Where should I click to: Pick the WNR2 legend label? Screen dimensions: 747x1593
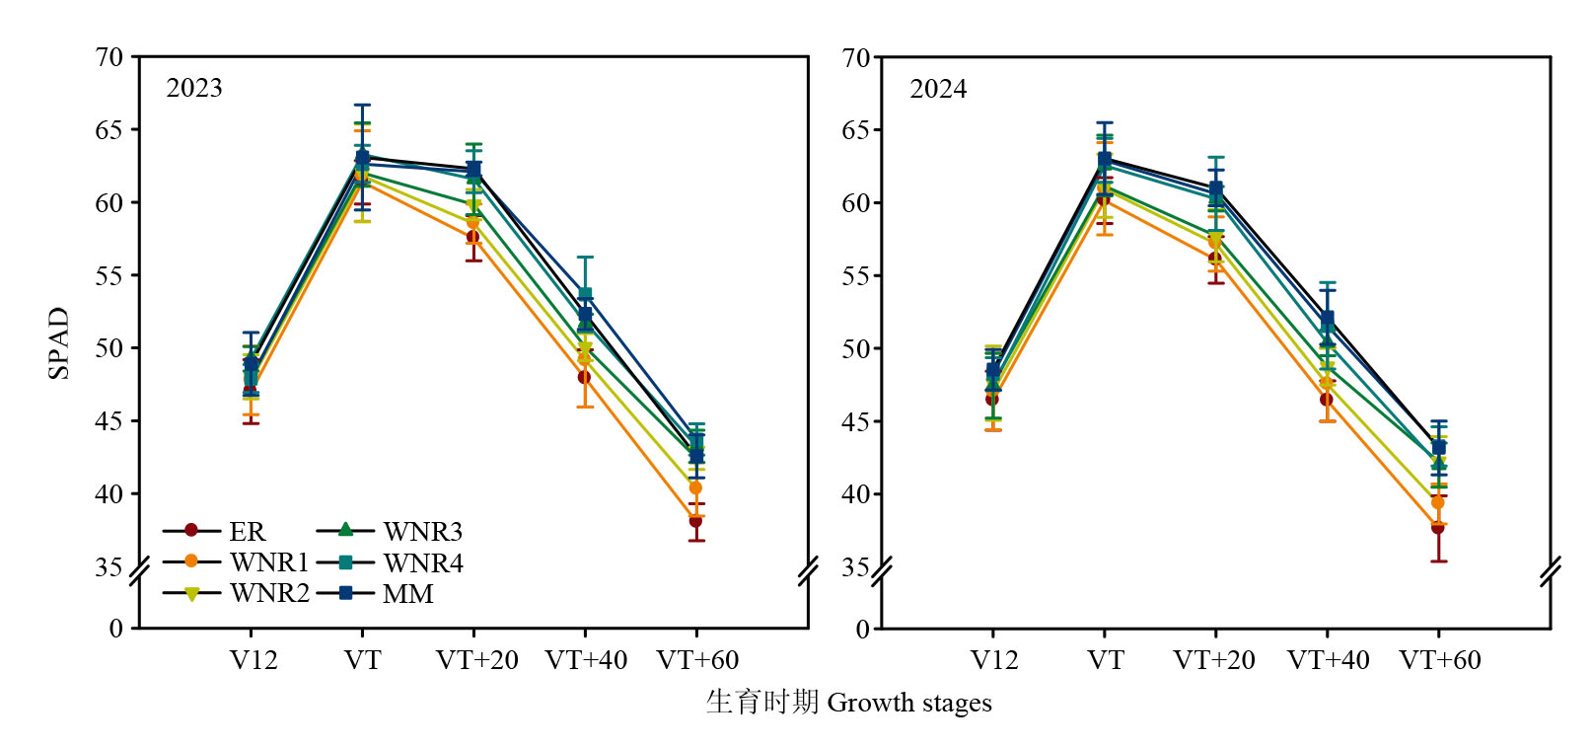pos(269,593)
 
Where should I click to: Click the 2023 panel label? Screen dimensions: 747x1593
pos(194,88)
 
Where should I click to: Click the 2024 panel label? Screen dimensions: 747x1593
pos(937,89)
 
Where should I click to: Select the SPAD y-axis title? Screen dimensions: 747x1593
pos(59,342)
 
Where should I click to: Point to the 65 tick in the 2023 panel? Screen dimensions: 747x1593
pos(109,130)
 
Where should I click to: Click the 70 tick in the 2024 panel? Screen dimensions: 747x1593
pos(855,57)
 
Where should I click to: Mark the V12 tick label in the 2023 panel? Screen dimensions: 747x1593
pos(253,660)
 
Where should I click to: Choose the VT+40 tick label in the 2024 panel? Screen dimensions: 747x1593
pos(1328,660)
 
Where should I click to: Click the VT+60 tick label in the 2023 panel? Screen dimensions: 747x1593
pos(697,660)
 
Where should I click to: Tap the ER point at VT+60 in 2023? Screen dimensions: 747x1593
pos(696,520)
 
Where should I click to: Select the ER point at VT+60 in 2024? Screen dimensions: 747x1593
pos(1438,527)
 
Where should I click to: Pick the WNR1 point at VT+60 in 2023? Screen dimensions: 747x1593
pos(695,487)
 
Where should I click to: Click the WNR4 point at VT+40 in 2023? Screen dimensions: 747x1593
pos(585,294)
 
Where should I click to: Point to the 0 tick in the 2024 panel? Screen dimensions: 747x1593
pos(862,629)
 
